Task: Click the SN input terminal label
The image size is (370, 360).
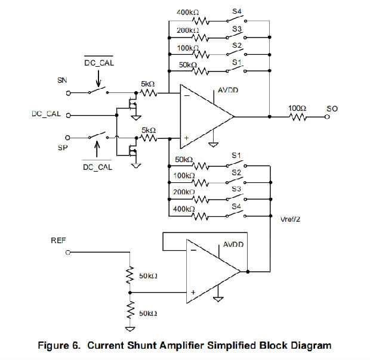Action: tap(61, 80)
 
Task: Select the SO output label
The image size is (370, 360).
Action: tap(332, 109)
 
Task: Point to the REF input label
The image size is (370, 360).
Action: tap(59, 241)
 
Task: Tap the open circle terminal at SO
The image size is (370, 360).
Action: tap(326, 117)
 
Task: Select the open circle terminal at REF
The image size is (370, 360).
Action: tap(68, 253)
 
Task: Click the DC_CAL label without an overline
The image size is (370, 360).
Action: tap(46, 113)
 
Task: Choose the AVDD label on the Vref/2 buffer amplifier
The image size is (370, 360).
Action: tap(234, 245)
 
